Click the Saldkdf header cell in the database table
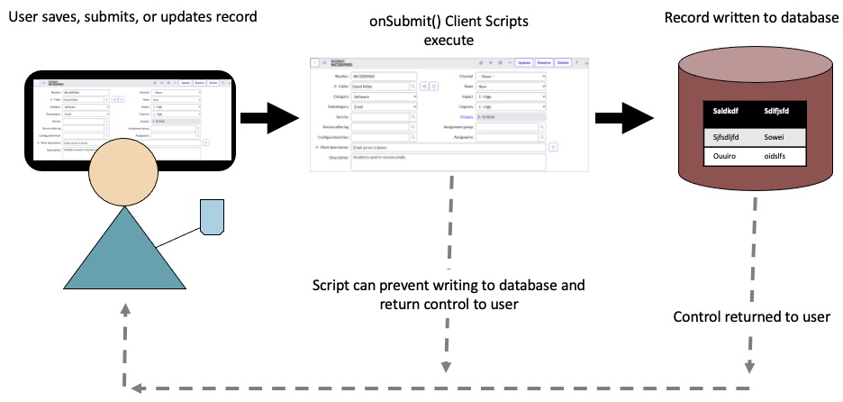725,113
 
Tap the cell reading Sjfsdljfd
726,137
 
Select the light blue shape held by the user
212,217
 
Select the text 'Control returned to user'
751,317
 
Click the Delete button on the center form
563,62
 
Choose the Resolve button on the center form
544,62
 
